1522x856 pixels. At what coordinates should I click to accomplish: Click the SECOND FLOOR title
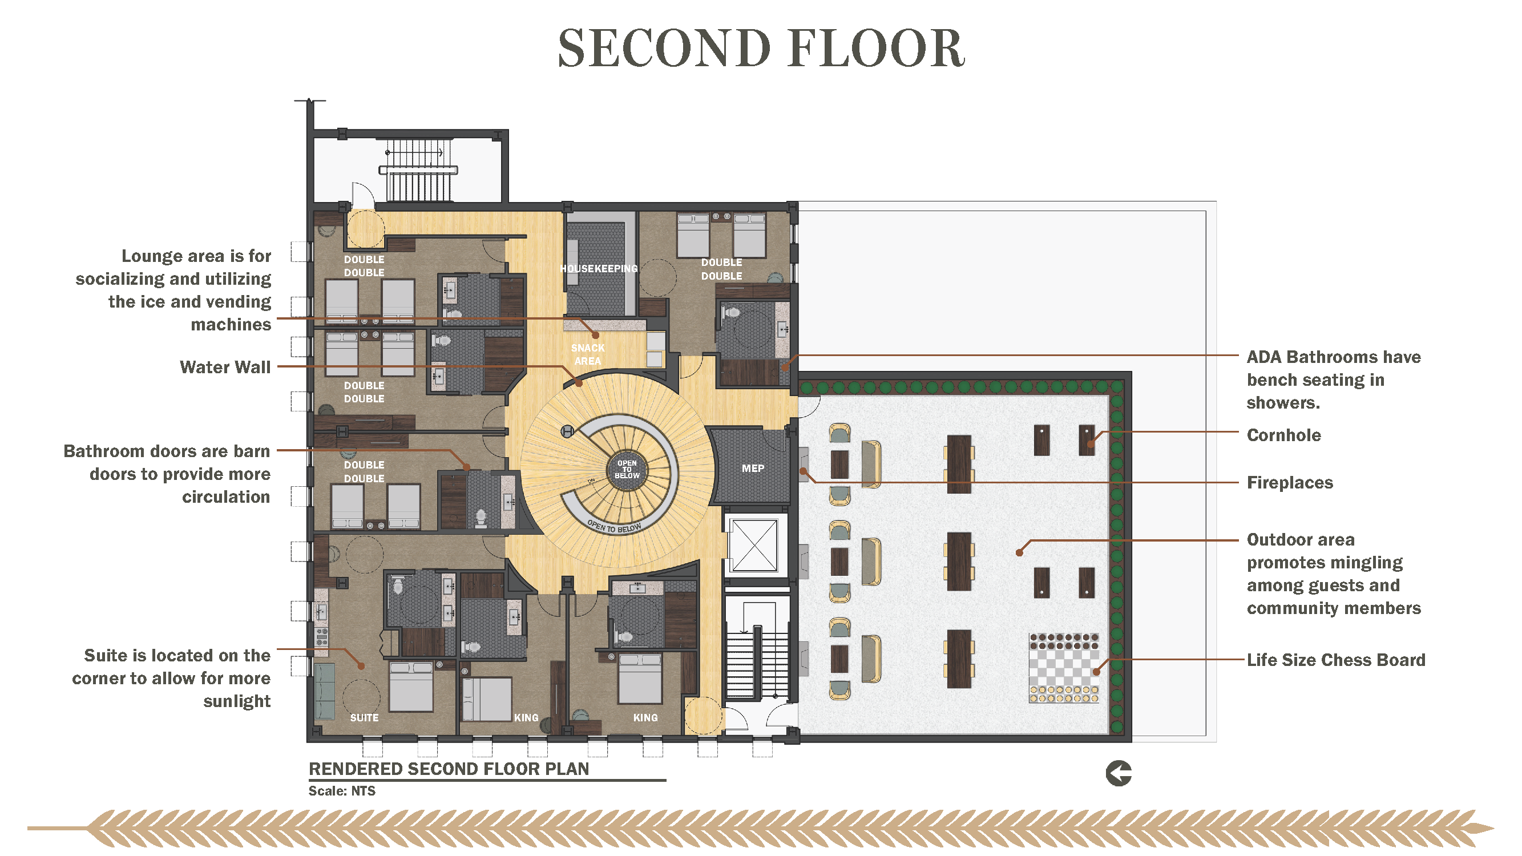click(761, 49)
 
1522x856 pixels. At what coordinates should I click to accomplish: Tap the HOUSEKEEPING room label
click(599, 269)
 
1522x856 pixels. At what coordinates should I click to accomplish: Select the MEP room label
click(753, 469)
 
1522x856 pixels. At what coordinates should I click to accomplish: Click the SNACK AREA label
click(588, 354)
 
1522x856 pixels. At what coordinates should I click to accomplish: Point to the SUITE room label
click(364, 718)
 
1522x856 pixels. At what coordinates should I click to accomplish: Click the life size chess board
click(1064, 668)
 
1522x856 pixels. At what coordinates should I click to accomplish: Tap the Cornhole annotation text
click(1283, 435)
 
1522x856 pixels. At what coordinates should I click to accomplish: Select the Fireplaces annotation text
click(1290, 483)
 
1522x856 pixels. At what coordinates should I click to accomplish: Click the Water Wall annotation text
click(225, 367)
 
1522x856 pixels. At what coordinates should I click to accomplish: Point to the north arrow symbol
click(1119, 773)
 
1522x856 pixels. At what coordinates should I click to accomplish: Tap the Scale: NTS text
click(342, 791)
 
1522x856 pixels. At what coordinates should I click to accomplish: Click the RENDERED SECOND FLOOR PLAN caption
click(449, 769)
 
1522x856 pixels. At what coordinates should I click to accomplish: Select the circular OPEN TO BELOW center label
click(627, 470)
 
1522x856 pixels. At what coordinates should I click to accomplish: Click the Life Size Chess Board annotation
click(1336, 660)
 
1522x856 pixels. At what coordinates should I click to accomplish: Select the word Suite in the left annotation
click(106, 656)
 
